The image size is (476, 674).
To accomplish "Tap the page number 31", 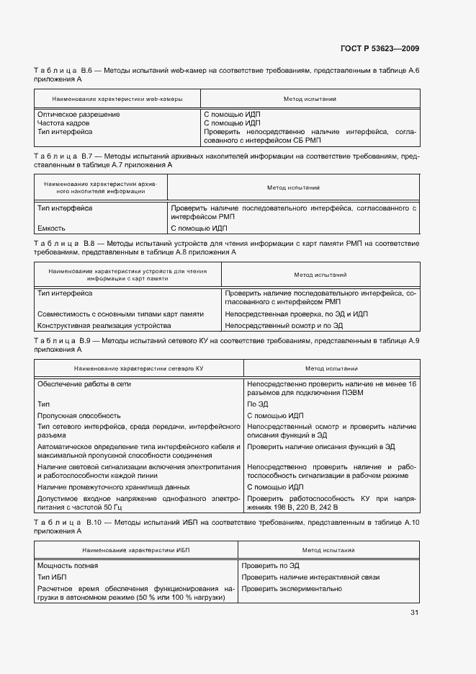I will [414, 613].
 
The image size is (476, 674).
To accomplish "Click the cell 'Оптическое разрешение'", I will [78, 115].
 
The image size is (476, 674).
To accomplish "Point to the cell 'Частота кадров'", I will [63, 123].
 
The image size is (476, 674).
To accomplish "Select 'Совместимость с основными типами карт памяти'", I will [120, 314].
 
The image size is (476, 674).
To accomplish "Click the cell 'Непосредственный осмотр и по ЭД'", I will [284, 326].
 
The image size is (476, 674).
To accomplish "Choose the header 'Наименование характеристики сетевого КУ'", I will [138, 368].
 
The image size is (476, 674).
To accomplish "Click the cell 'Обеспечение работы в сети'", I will [84, 384].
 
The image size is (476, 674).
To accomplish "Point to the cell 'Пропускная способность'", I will [79, 416].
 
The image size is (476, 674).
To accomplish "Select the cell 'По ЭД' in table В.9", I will [257, 404].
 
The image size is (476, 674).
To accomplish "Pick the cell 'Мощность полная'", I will [68, 566].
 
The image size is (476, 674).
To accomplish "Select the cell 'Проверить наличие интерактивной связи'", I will [310, 577].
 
